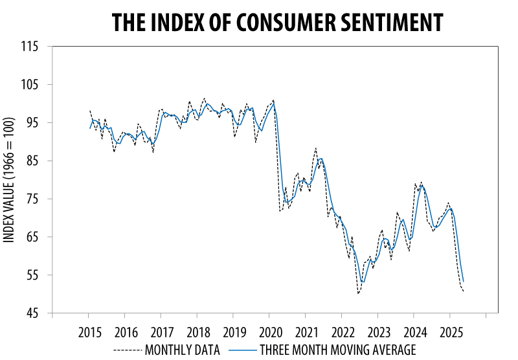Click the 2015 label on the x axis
(89, 333)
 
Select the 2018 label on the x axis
(197, 333)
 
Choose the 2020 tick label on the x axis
(269, 333)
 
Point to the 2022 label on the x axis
(342, 333)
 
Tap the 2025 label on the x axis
(450, 333)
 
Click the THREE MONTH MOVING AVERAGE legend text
(337, 350)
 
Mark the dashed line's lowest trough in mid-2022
(358, 294)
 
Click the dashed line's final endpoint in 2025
(464, 291)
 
